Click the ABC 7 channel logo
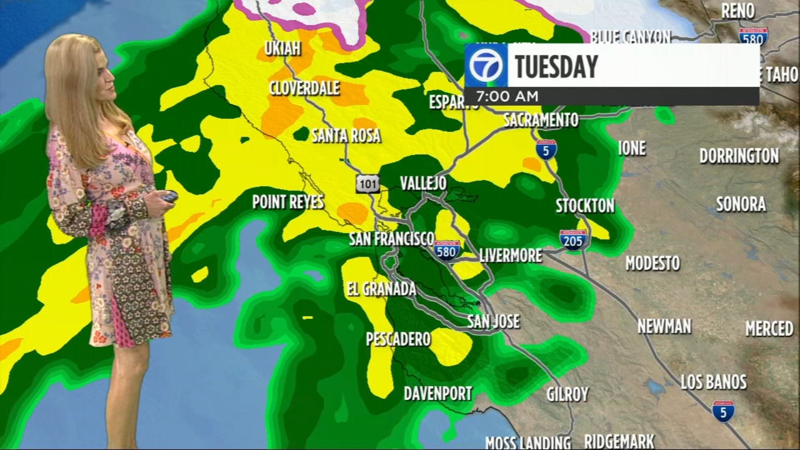tap(485, 65)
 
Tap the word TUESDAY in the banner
tap(556, 66)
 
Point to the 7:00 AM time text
tap(507, 96)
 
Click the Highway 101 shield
tap(367, 184)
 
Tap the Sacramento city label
tap(540, 120)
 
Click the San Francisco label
tap(391, 239)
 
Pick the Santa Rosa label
tap(346, 135)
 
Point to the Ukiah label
tap(282, 48)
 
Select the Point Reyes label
tap(288, 202)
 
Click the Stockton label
tap(585, 205)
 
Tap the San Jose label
tap(493, 321)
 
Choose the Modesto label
tap(652, 263)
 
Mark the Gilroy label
tap(567, 394)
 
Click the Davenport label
tap(438, 393)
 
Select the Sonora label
tap(740, 204)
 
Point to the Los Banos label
tap(713, 382)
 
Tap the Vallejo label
tap(423, 183)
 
